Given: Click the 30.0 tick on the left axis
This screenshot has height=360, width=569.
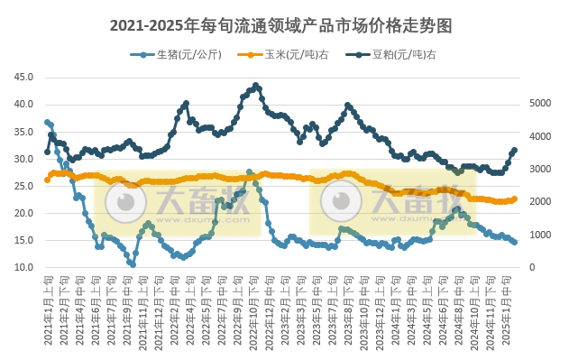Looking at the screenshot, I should click(25, 159).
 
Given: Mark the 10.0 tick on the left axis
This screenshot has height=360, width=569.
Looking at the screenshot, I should click(25, 268).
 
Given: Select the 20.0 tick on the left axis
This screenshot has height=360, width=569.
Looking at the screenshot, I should click(25, 214).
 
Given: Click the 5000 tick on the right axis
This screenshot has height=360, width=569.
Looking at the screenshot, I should click(538, 104).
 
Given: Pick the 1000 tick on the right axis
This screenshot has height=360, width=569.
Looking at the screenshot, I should click(538, 235).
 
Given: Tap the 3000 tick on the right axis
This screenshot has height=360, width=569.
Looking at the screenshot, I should click(538, 170).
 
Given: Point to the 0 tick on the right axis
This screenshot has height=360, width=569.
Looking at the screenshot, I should click(531, 268).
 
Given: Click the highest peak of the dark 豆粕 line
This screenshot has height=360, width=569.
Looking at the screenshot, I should click(256, 86).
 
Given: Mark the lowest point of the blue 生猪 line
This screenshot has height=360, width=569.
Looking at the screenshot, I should click(133, 264).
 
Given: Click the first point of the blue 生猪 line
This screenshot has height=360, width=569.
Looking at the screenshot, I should click(47, 122).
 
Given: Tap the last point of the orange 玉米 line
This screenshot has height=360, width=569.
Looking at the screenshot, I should click(515, 198).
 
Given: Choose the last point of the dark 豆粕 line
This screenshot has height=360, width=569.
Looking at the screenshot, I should click(515, 151).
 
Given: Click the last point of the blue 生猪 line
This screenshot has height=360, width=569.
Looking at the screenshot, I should click(515, 242).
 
